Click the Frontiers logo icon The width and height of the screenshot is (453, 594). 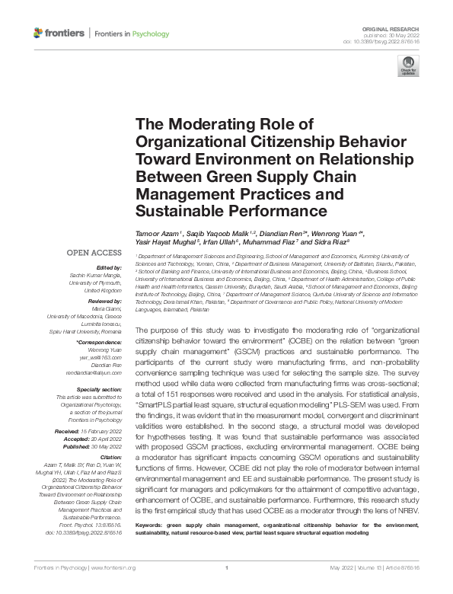click(x=39, y=34)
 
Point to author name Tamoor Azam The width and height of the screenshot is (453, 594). click(x=157, y=232)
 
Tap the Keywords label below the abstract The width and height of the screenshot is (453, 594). click(x=152, y=546)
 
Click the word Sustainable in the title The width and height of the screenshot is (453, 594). click(x=177, y=209)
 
